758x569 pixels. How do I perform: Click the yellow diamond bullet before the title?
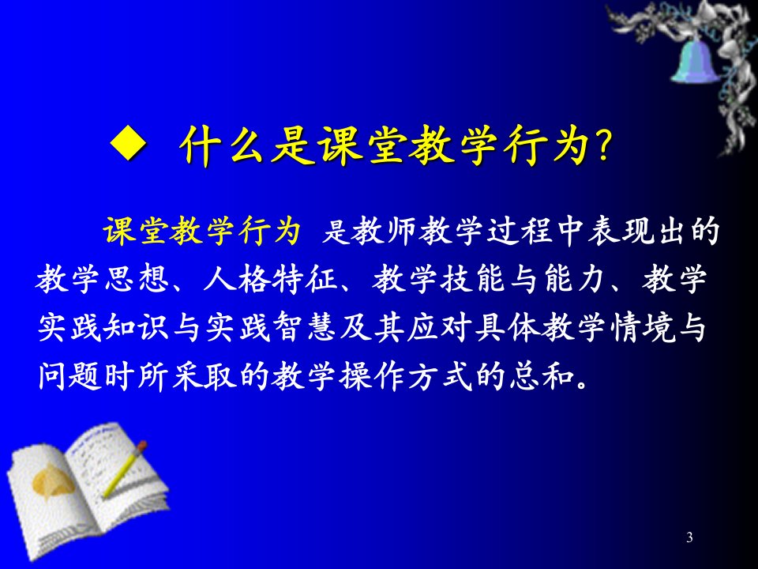pos(128,143)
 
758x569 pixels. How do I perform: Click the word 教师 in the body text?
pos(384,230)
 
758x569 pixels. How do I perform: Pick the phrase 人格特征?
pos(270,279)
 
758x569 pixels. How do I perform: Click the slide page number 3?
pos(689,537)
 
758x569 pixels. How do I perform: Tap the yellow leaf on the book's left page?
pos(52,481)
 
